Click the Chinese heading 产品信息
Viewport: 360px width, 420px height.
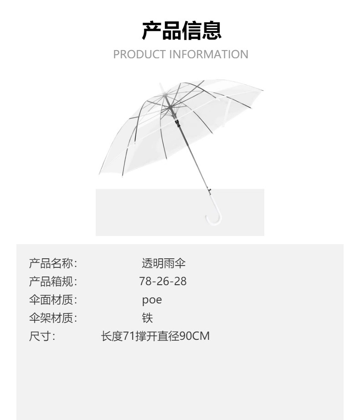[181, 31]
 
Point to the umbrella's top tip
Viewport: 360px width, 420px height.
[160, 86]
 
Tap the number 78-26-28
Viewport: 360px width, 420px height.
[163, 282]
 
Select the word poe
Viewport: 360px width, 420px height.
[152, 300]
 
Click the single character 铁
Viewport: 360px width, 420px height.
[147, 318]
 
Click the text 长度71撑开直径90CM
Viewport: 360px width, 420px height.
[155, 337]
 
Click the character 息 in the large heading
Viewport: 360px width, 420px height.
[212, 31]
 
